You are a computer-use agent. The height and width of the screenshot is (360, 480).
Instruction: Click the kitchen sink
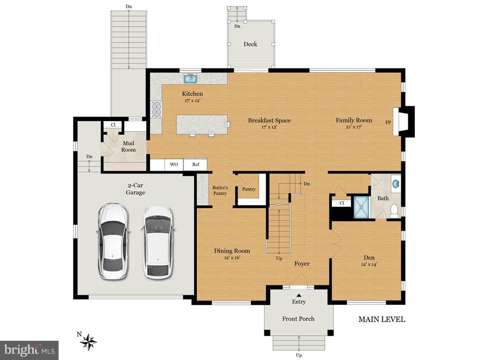click(x=190, y=78)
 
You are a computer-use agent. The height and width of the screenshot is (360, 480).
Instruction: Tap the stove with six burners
click(x=156, y=109)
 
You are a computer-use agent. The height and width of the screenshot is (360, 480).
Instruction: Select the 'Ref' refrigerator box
click(x=195, y=165)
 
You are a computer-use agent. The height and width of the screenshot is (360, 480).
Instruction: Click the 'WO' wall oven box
click(x=173, y=165)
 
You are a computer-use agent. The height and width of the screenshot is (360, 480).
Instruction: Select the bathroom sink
click(x=396, y=183)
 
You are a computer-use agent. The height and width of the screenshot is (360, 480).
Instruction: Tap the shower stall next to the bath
click(x=361, y=207)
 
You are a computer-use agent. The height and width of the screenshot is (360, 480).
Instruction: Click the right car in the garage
click(x=158, y=242)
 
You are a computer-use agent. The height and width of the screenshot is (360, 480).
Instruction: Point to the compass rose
click(x=88, y=342)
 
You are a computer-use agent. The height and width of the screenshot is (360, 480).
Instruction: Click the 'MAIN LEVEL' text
click(x=382, y=320)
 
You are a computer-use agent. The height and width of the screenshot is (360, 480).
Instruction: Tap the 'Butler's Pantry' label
click(x=220, y=190)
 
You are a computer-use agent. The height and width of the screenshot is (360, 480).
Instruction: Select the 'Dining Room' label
click(x=232, y=251)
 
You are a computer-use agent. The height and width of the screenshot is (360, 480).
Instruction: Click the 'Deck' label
click(x=250, y=44)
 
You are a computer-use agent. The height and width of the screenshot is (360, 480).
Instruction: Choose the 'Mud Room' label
click(x=128, y=146)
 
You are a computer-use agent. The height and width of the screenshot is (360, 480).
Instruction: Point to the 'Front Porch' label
click(x=298, y=319)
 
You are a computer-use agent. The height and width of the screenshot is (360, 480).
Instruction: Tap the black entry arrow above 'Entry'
click(x=299, y=294)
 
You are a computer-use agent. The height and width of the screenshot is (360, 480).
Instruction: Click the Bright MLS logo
click(x=29, y=350)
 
